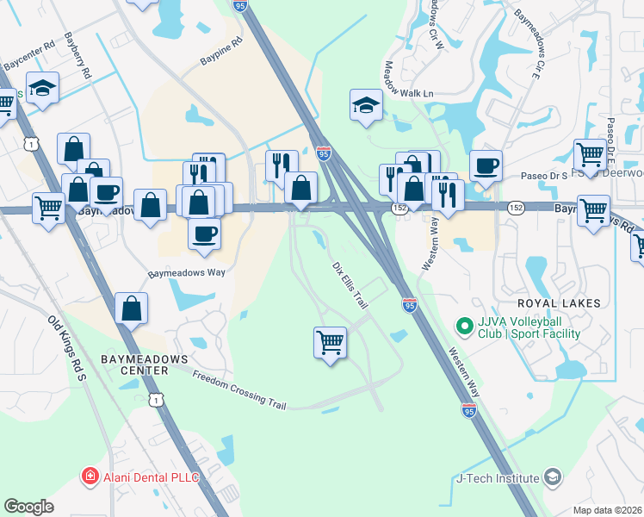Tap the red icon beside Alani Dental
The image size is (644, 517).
tap(88, 477)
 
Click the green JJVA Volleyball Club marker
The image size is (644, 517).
tap(464, 326)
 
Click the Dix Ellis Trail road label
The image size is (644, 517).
tap(350, 274)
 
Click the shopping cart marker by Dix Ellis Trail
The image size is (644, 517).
tap(331, 343)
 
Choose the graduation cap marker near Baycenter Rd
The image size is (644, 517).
tap(41, 88)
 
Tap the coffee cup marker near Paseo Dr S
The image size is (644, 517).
tap(486, 165)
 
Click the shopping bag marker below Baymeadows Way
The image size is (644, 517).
tap(131, 308)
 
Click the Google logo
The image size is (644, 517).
tap(28, 507)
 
